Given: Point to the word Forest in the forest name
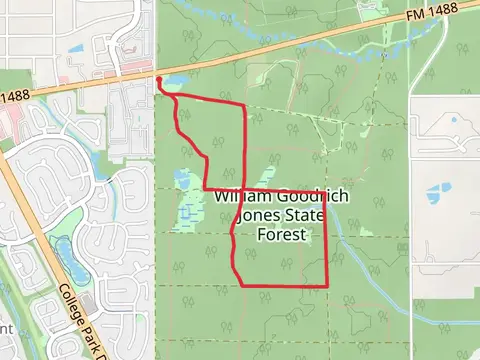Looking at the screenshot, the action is (280, 236).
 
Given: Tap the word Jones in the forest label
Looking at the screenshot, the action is (252, 217).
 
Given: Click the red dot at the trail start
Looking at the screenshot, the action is (160, 77).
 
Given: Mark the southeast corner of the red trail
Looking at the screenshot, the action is (328, 285).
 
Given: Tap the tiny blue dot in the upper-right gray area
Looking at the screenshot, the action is (454, 121).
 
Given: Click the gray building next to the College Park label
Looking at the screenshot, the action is (88, 301).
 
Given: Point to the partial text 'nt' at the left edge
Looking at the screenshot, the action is (5, 328).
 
